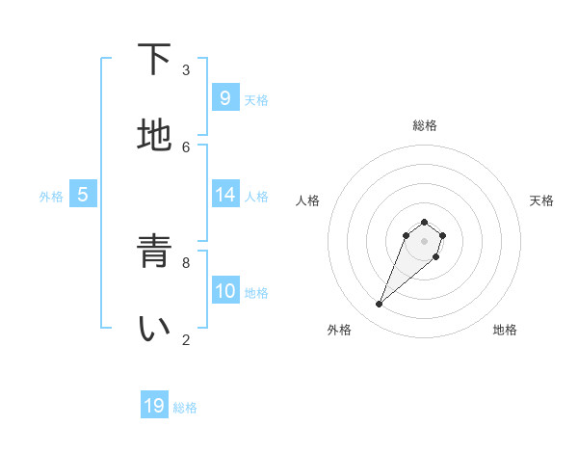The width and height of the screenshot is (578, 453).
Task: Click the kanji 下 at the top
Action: click(x=154, y=61)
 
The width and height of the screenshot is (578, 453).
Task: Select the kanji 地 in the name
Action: click(x=154, y=136)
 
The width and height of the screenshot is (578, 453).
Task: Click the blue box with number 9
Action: click(x=224, y=98)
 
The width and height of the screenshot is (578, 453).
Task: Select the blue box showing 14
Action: click(x=224, y=195)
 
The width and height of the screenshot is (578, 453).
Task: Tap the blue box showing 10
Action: click(x=224, y=291)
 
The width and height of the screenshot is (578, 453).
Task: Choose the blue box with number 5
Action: click(x=83, y=195)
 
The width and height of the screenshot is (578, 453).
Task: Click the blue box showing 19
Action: click(x=154, y=406)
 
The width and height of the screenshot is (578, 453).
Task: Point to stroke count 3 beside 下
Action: click(x=186, y=69)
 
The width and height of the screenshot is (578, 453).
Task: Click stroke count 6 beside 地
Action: click(x=186, y=147)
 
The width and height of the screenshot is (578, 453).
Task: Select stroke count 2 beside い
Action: click(x=186, y=339)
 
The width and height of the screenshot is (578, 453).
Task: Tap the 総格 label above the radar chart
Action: click(x=424, y=125)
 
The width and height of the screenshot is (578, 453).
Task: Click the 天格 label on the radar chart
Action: click(x=541, y=200)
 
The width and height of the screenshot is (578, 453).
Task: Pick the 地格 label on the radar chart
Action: click(x=505, y=330)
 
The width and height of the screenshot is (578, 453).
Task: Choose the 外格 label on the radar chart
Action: click(x=339, y=330)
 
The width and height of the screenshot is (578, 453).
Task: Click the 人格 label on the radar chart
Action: click(x=308, y=200)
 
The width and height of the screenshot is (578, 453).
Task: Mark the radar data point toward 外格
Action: click(x=380, y=305)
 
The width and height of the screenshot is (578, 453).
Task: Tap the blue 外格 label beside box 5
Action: click(x=51, y=197)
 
